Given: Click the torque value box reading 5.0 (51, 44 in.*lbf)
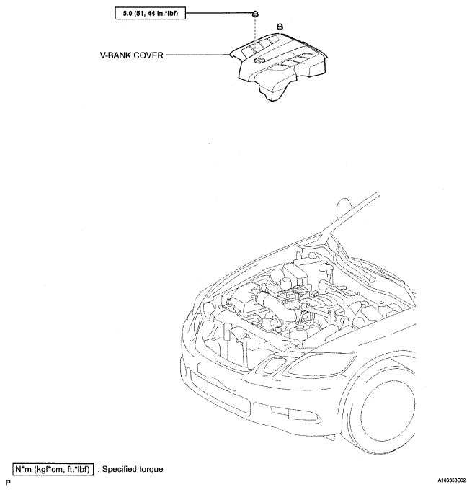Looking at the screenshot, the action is (151, 14).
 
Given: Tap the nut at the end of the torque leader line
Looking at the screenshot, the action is (256, 14).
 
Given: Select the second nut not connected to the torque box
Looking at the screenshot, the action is (280, 27).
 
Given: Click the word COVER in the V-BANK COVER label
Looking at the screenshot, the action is (148, 55).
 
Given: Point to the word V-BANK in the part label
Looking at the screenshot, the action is (116, 55).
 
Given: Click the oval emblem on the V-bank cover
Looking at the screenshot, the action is (258, 61).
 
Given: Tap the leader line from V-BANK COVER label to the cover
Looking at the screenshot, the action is (197, 55).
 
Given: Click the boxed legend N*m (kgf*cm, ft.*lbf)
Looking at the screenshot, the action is (53, 470).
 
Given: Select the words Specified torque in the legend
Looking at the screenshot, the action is (133, 470).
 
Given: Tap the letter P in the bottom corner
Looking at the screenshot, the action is (8, 482).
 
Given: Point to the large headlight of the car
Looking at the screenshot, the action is (323, 363).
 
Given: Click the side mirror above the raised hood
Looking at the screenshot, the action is (344, 207).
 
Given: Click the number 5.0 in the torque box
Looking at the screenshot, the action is (128, 14).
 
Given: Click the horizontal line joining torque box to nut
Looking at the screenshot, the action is (219, 13).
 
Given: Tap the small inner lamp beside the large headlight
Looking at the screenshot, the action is (272, 365).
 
